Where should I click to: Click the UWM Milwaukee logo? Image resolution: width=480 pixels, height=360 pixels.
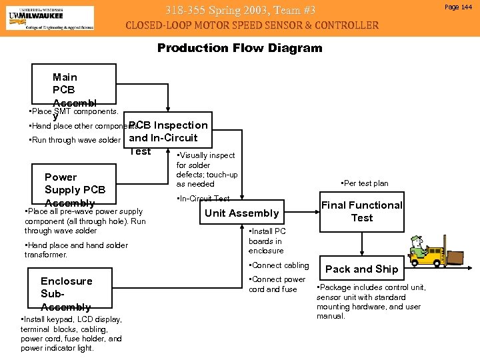tap(50, 17)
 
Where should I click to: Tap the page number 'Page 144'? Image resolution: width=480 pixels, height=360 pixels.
tap(459, 7)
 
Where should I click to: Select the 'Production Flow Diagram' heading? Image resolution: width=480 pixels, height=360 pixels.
tap(239, 48)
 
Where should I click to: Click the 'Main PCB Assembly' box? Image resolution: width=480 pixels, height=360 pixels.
tap(74, 86)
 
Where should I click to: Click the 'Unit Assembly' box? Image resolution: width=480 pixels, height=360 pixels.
tap(241, 213)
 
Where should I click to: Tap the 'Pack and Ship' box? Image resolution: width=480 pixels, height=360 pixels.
tap(361, 269)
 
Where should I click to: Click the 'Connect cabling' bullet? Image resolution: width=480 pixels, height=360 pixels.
tap(279, 265)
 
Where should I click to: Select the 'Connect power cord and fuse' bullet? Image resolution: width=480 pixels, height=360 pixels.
tap(277, 284)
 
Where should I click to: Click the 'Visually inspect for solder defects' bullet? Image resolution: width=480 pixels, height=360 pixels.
tap(206, 169)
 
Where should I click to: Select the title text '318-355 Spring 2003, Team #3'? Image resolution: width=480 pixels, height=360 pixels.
tap(239, 10)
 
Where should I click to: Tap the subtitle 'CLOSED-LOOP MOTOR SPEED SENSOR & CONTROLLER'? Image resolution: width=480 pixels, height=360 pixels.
tap(252, 26)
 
